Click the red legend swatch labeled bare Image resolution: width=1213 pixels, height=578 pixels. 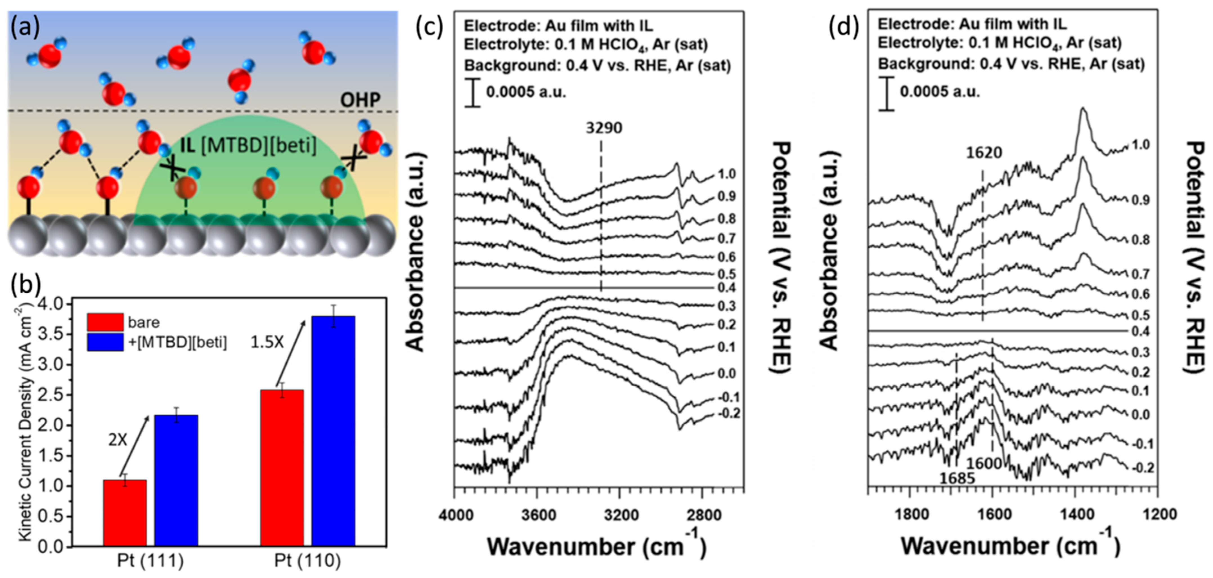pyautogui.click(x=105, y=322)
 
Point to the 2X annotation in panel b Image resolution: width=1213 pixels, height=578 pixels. pyautogui.click(x=118, y=440)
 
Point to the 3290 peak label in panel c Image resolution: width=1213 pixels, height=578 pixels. pyautogui.click(x=604, y=128)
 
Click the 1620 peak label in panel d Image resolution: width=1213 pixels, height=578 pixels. pyautogui.click(x=984, y=153)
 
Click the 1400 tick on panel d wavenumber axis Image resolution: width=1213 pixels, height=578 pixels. pyautogui.click(x=1075, y=514)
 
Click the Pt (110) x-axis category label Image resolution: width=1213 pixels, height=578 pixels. pyautogui.click(x=307, y=561)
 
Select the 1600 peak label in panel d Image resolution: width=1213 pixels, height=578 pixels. pyautogui.click(x=984, y=463)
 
